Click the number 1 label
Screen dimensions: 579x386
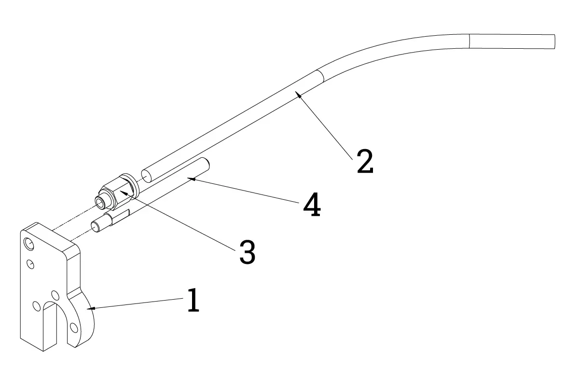coord(193,300)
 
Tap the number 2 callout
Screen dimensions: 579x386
coord(365,161)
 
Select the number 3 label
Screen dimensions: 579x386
coord(248,252)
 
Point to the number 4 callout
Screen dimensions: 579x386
coord(312,204)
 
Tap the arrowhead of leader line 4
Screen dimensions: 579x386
coord(191,179)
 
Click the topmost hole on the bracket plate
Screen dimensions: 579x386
coord(28,244)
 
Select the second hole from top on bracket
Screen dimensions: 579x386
coord(30,264)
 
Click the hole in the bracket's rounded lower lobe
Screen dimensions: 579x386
coord(74,328)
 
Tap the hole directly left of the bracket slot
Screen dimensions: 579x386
coord(37,306)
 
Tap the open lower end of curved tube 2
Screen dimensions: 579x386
coord(146,176)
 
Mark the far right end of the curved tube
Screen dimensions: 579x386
coord(554,41)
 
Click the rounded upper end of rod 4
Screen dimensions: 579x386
coord(206,163)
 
